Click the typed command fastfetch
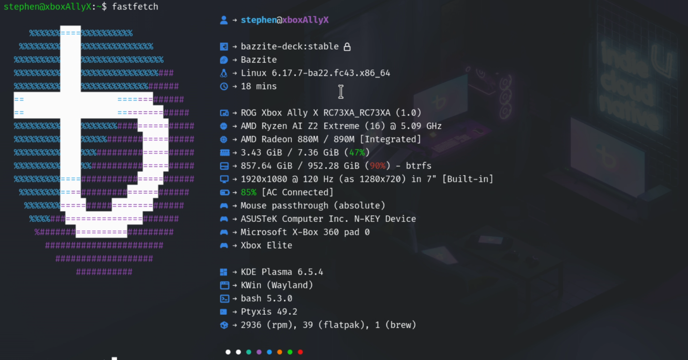(135, 7)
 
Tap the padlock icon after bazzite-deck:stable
(347, 47)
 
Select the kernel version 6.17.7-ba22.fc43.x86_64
(331, 73)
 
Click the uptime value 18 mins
(259, 86)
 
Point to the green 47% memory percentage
(357, 152)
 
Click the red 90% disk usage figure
(378, 166)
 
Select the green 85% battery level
(249, 192)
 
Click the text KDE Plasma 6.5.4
(282, 272)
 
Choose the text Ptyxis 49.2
(269, 312)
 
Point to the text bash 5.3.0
(267, 299)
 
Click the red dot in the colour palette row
(300, 352)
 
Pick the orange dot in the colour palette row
(279, 352)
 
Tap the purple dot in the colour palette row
(259, 352)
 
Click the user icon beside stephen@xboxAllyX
(224, 20)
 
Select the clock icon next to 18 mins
(224, 86)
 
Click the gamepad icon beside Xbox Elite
(224, 245)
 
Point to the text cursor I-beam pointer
(341, 92)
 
